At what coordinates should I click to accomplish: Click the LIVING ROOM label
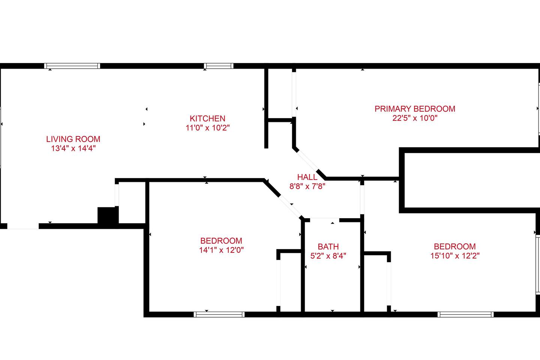(x=73, y=139)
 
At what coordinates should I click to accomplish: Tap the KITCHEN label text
(x=208, y=118)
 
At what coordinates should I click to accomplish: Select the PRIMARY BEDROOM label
(x=415, y=109)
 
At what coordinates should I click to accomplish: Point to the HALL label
(x=307, y=177)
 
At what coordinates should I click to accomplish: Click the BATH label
(x=328, y=247)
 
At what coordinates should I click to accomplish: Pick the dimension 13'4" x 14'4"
(x=73, y=148)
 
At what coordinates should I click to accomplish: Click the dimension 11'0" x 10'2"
(x=208, y=128)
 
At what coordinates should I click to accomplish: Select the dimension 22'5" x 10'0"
(x=415, y=118)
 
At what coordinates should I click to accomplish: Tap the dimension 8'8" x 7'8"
(x=307, y=186)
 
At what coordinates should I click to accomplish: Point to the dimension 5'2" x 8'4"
(x=328, y=256)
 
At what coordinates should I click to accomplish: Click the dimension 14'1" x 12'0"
(x=221, y=250)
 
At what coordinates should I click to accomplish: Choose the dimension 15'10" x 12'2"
(x=455, y=256)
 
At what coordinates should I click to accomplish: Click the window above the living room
(x=72, y=66)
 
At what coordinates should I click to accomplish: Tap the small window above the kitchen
(x=219, y=66)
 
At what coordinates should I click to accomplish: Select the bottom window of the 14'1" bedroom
(x=219, y=314)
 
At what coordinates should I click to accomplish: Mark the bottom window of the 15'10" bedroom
(x=465, y=314)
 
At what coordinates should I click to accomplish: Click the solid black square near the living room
(x=108, y=215)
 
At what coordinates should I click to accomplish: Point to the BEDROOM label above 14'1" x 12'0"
(x=221, y=241)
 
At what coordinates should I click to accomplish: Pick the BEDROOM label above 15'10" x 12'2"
(x=455, y=247)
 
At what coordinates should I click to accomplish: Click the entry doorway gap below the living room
(x=23, y=226)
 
